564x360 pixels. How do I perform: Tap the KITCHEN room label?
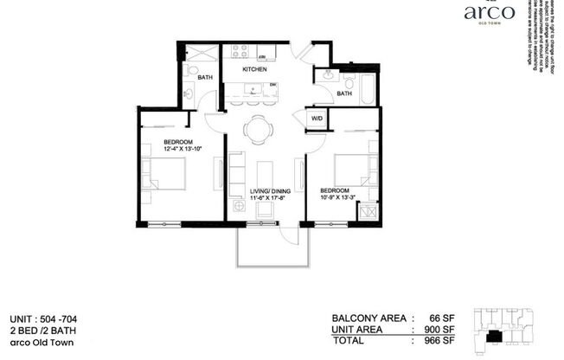click(x=253, y=68)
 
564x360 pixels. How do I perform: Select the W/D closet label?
click(x=317, y=117)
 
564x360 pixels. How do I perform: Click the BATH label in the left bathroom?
click(x=205, y=77)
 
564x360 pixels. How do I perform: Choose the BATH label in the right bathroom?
click(x=343, y=93)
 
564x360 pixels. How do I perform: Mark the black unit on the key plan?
click(x=495, y=337)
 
